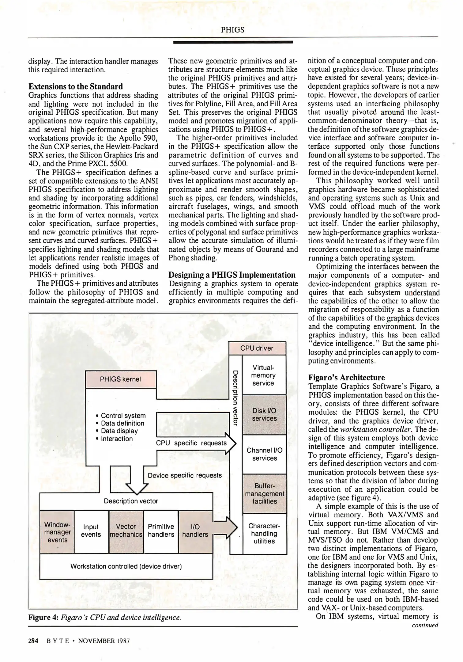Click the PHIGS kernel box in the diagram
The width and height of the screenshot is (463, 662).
tap(121, 379)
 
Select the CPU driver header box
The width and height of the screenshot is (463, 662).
tap(257, 348)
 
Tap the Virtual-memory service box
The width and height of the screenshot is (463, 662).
tap(263, 375)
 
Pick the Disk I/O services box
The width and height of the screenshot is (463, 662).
tap(264, 415)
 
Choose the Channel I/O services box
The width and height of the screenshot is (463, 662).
tap(264, 454)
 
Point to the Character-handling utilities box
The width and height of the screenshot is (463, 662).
tap(264, 534)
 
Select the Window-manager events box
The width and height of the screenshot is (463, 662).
tap(57, 532)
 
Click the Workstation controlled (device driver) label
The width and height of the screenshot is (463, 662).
tap(126, 566)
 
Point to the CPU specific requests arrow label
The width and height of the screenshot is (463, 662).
tap(191, 443)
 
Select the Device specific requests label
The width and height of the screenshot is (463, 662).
tap(185, 475)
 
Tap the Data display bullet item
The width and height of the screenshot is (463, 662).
tap(119, 431)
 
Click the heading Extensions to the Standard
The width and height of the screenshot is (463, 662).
tap(76, 86)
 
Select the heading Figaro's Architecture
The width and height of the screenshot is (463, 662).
tap(346, 378)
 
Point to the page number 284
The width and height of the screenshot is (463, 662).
tap(33, 641)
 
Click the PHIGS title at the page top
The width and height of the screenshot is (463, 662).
tap(233, 30)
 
